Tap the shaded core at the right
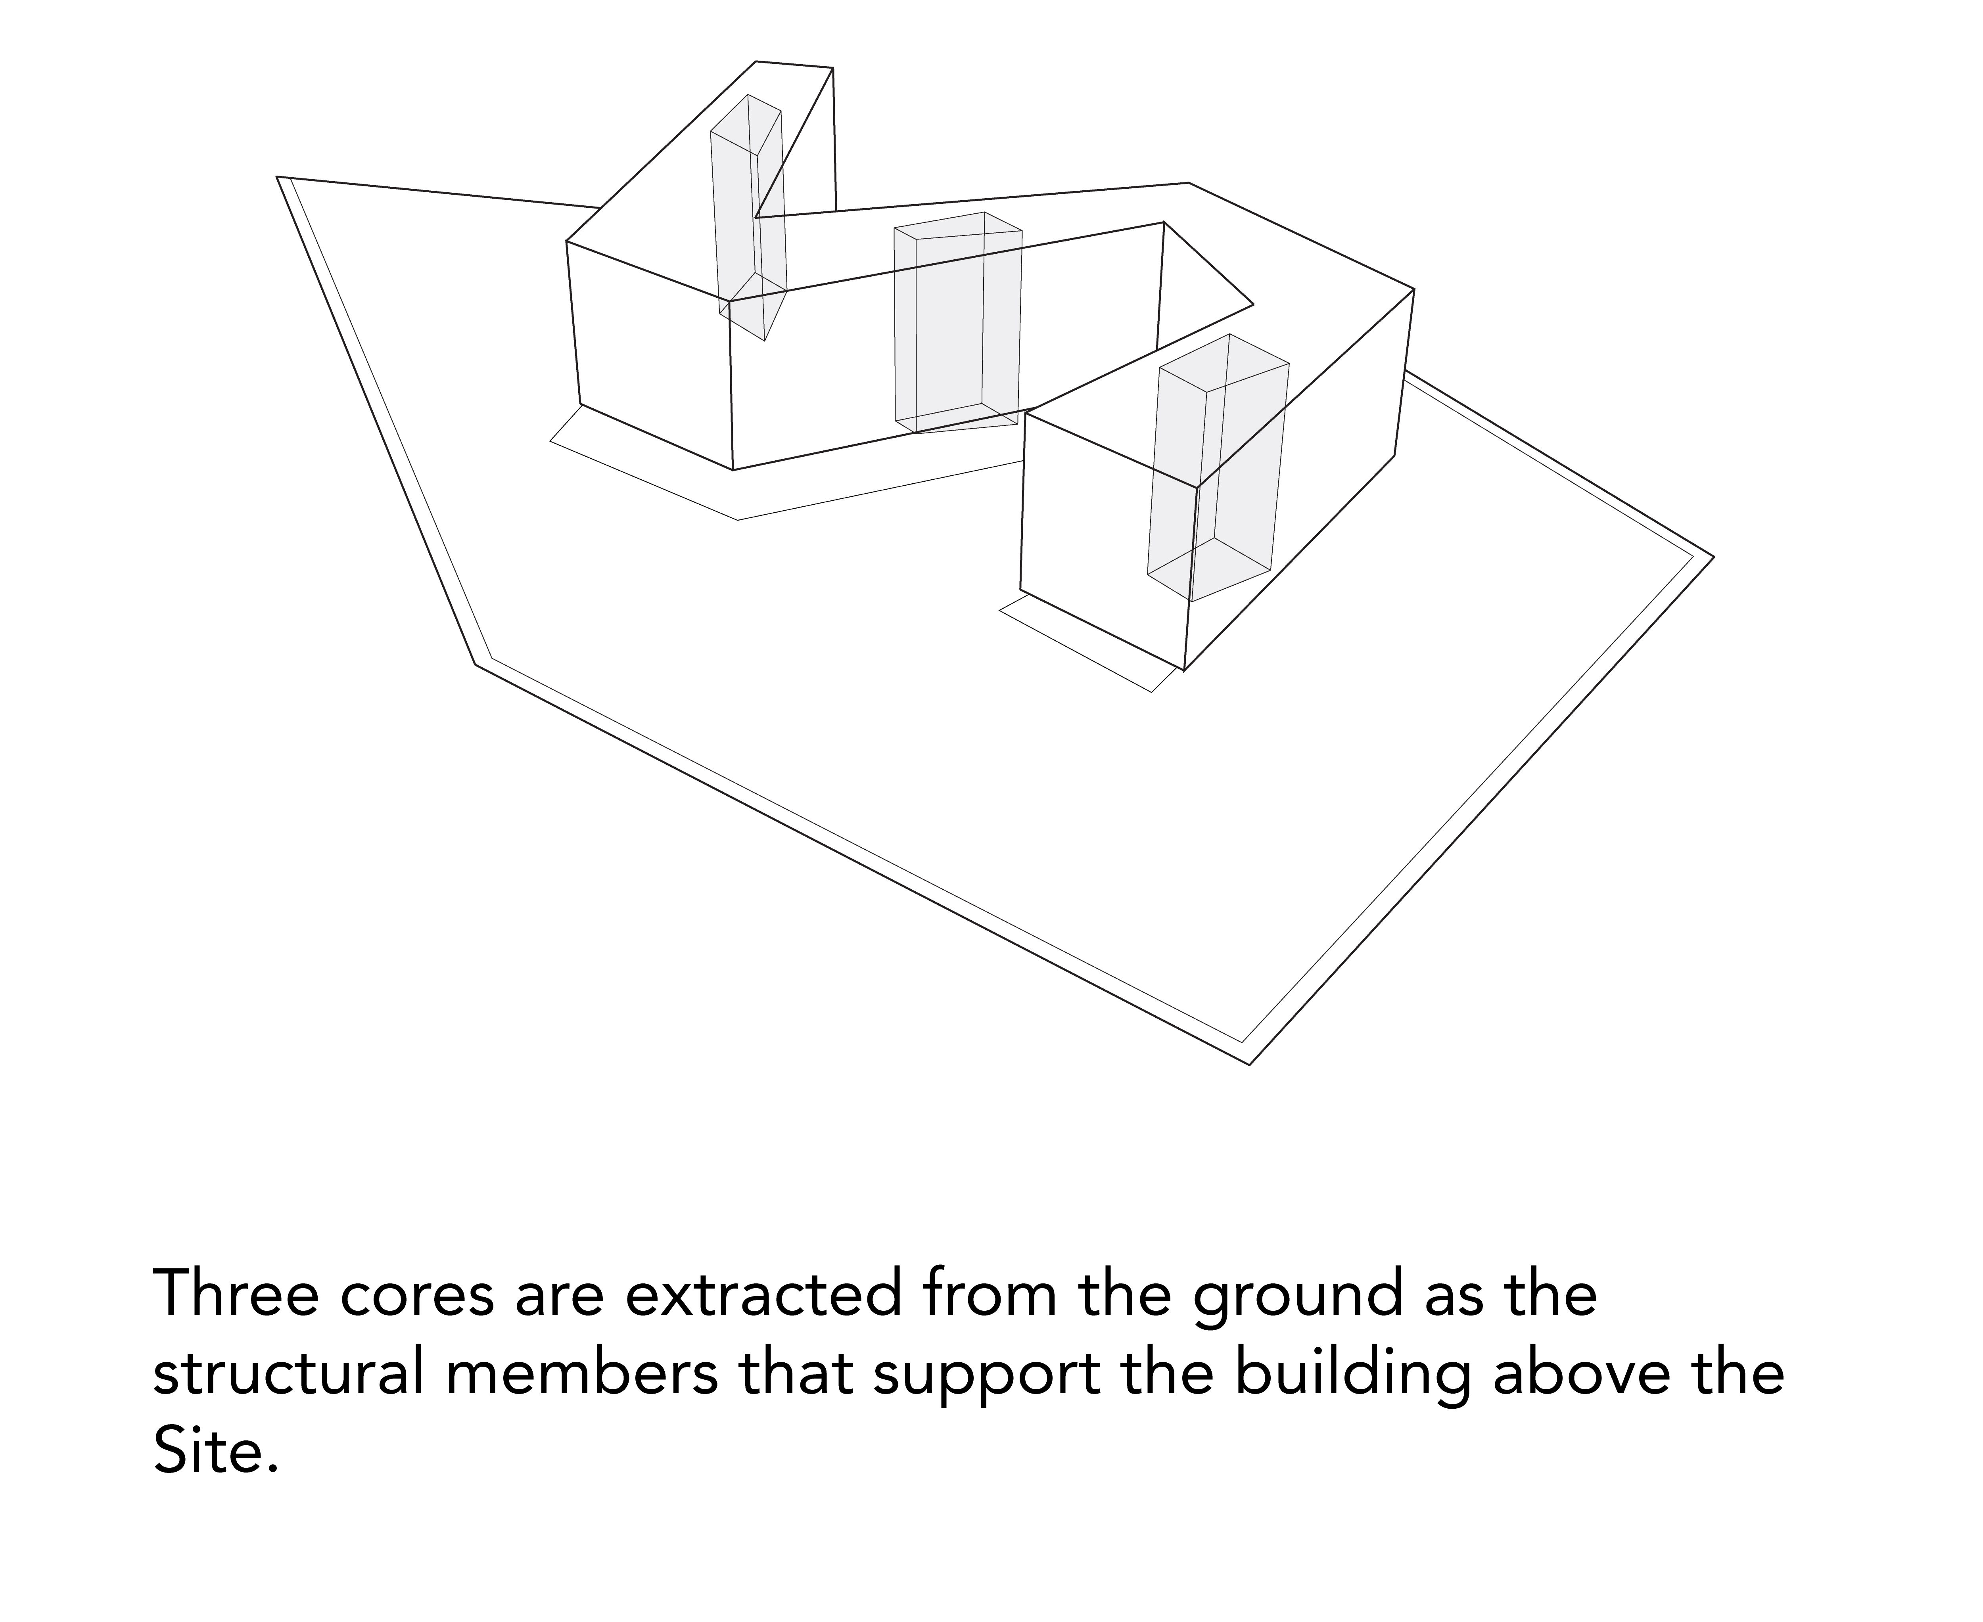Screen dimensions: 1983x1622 pos(1218,467)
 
